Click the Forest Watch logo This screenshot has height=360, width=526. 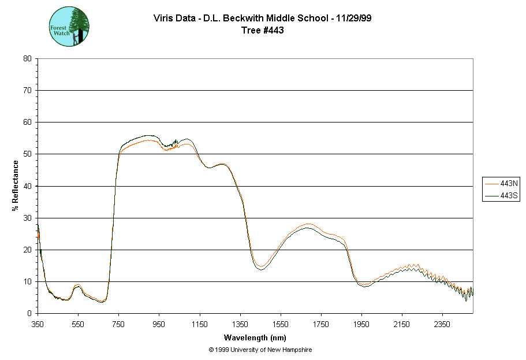[69, 27]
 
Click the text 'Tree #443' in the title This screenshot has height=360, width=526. [263, 31]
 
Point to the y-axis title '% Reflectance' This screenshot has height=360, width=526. [16, 185]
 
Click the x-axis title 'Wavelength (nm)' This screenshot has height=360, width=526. [255, 337]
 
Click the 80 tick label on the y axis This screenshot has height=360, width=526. [27, 58]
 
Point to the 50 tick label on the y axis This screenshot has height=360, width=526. [27, 154]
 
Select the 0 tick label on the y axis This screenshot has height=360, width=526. [29, 314]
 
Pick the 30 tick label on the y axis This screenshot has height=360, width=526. [27, 218]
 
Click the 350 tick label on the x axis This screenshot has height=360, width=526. [38, 324]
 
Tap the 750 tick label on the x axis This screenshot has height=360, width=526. [118, 324]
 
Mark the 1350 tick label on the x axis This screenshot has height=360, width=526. [240, 324]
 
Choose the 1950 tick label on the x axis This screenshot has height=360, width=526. [361, 324]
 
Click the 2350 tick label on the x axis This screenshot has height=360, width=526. [442, 324]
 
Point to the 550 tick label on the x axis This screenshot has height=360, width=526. [78, 324]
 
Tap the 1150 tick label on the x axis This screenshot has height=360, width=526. [200, 324]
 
